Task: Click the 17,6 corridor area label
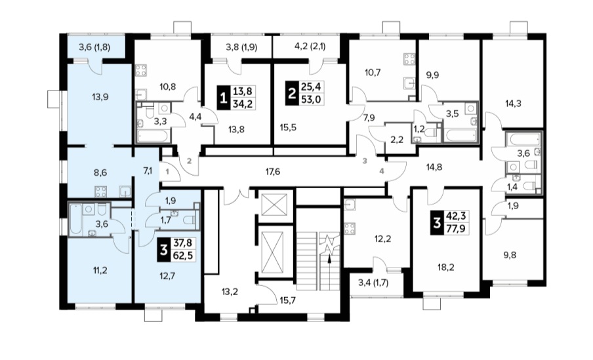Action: [272, 172]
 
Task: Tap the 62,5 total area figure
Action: [182, 255]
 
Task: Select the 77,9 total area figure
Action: [456, 228]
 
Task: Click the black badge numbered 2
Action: [291, 93]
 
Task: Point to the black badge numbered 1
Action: [224, 98]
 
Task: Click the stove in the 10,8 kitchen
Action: [141, 70]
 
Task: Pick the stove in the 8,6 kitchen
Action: [101, 191]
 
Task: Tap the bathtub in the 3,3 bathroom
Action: [153, 136]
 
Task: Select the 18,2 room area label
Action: [447, 268]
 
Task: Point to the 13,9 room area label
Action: [100, 97]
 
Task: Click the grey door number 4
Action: [382, 171]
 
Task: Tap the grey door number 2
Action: [190, 161]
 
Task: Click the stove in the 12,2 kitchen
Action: [348, 229]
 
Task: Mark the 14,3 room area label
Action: [513, 103]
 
